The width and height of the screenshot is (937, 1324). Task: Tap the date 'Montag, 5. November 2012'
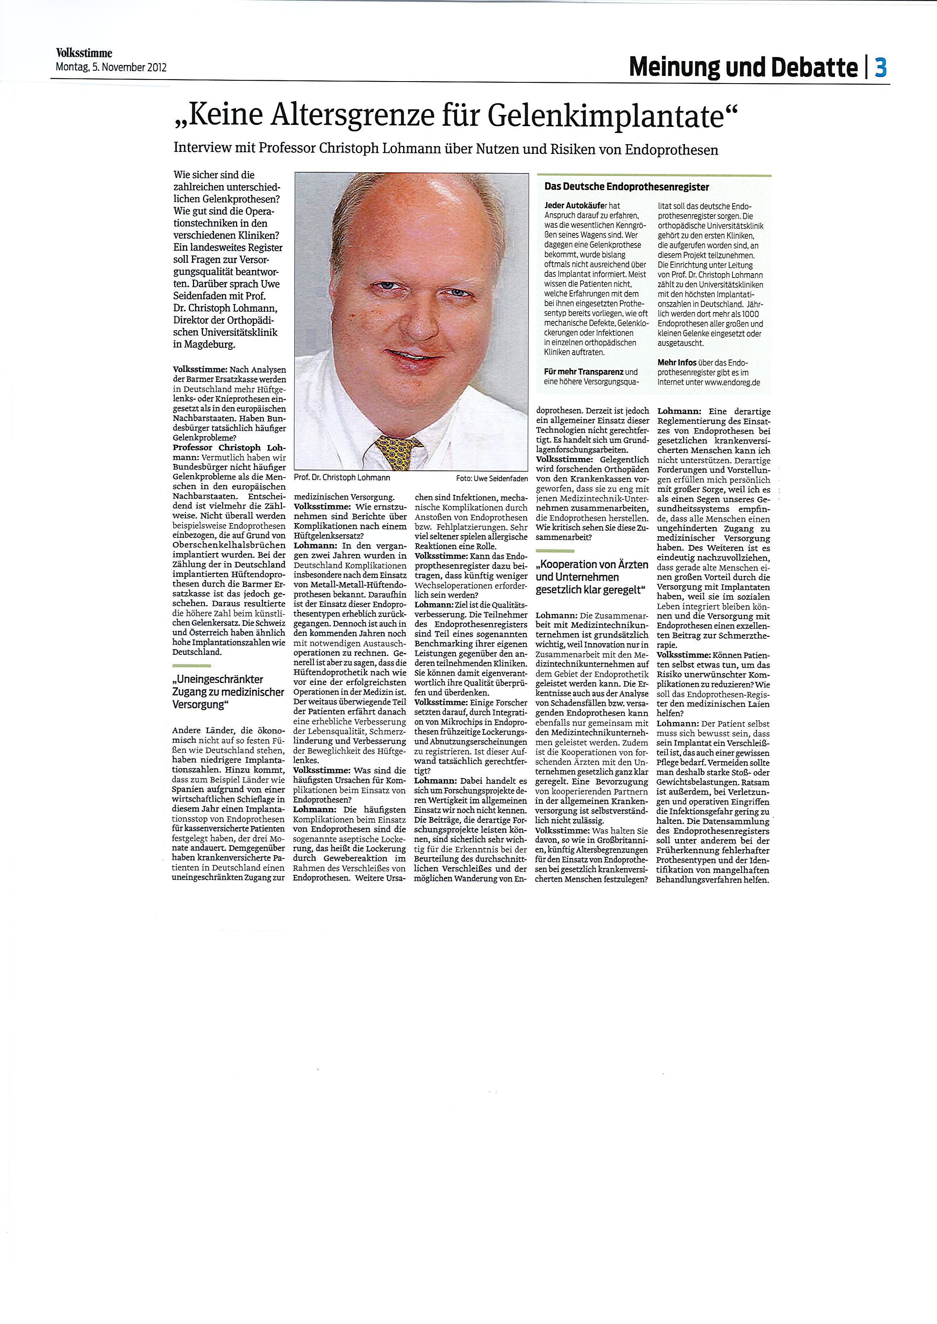[x=111, y=67]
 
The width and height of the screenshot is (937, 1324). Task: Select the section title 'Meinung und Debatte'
[x=743, y=68]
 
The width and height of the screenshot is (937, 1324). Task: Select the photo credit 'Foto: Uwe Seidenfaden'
[x=492, y=478]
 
